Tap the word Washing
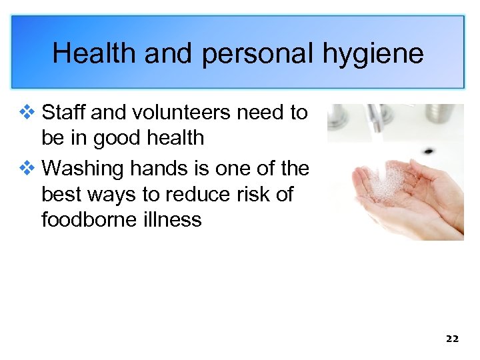coord(83,169)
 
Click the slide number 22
coord(452,339)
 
